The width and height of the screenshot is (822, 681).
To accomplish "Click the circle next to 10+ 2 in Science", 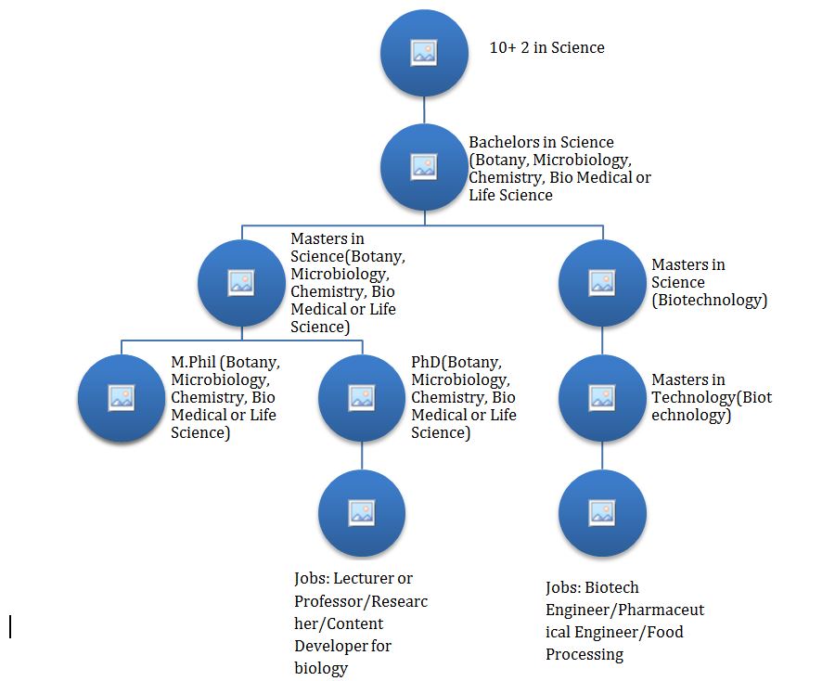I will point(424,53).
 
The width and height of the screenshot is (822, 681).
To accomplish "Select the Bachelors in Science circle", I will point(424,167).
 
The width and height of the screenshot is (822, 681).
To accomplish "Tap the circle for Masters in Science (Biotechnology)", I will point(602,282).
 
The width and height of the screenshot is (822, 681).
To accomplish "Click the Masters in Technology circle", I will point(602,396).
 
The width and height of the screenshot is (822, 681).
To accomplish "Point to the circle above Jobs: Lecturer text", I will point(362,512).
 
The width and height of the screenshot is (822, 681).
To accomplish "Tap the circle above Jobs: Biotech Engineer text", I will point(602,512).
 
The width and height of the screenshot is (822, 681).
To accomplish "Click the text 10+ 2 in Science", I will point(546,48).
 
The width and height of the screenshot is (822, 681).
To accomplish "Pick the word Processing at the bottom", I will point(584,654).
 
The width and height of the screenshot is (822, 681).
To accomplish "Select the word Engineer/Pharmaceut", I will point(624,610).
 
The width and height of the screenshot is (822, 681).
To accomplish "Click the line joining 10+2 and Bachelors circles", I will point(424,109).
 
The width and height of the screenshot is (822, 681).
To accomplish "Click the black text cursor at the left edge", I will point(11,626).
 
